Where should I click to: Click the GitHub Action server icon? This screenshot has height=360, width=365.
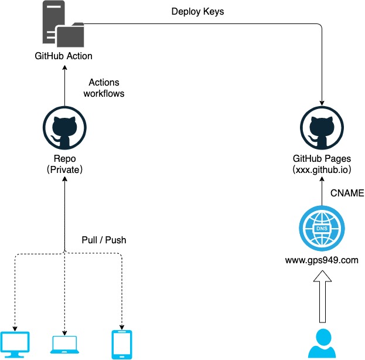(x=62, y=25)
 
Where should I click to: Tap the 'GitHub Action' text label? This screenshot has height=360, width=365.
(x=63, y=56)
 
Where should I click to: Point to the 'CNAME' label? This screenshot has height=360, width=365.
(x=348, y=192)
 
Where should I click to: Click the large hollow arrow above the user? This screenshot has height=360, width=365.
(x=321, y=299)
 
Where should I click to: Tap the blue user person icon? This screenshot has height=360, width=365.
(x=321, y=344)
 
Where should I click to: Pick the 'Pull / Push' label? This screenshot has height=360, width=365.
(x=104, y=240)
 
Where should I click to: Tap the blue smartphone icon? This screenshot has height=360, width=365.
(x=121, y=344)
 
